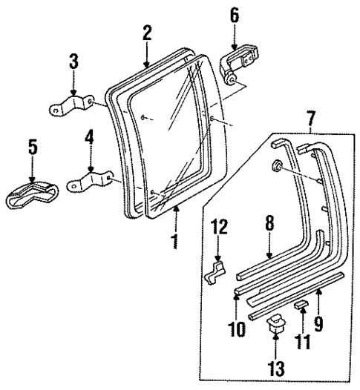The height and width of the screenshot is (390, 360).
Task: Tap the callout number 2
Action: (147, 33)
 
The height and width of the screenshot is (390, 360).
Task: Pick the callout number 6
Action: (235, 14)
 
